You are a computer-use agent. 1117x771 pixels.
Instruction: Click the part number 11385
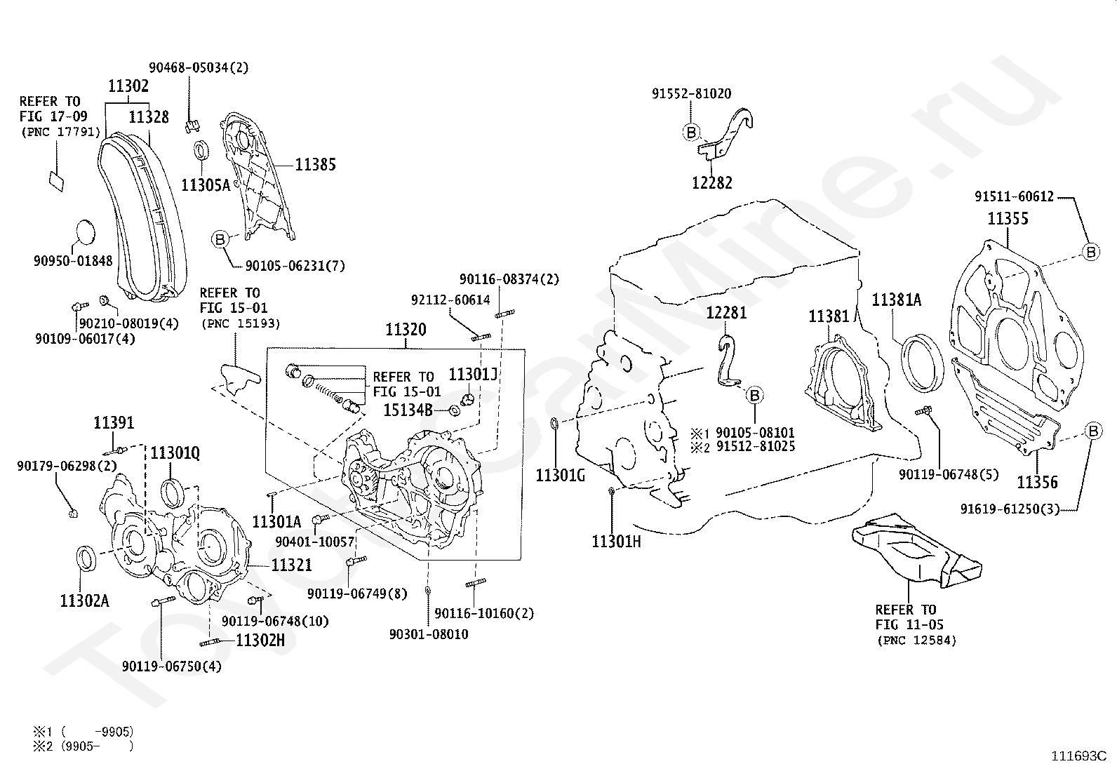click(315, 165)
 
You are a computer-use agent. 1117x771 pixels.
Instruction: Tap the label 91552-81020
click(692, 94)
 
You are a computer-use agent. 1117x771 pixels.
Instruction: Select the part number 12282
click(712, 183)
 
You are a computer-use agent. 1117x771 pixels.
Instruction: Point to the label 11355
click(1008, 218)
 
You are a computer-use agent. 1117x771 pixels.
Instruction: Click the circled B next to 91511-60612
click(1090, 252)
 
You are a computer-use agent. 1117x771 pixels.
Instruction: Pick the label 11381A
click(897, 300)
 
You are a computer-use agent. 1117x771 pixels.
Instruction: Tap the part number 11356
click(1037, 482)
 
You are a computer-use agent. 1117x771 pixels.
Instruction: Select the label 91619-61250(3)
click(1010, 509)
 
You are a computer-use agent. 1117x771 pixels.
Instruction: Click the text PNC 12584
click(916, 641)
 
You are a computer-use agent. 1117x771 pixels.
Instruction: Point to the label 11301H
click(616, 542)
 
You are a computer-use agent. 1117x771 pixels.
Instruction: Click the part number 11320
click(406, 330)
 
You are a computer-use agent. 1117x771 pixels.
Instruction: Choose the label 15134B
click(408, 410)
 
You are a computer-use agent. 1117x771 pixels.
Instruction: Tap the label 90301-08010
click(429, 634)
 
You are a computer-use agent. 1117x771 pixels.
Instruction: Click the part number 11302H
click(260, 641)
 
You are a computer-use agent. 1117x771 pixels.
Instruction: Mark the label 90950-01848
click(73, 261)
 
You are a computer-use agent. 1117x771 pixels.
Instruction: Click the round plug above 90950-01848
click(86, 232)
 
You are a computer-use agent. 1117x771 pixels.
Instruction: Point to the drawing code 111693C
click(1079, 756)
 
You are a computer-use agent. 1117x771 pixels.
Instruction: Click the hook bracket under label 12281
click(728, 361)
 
